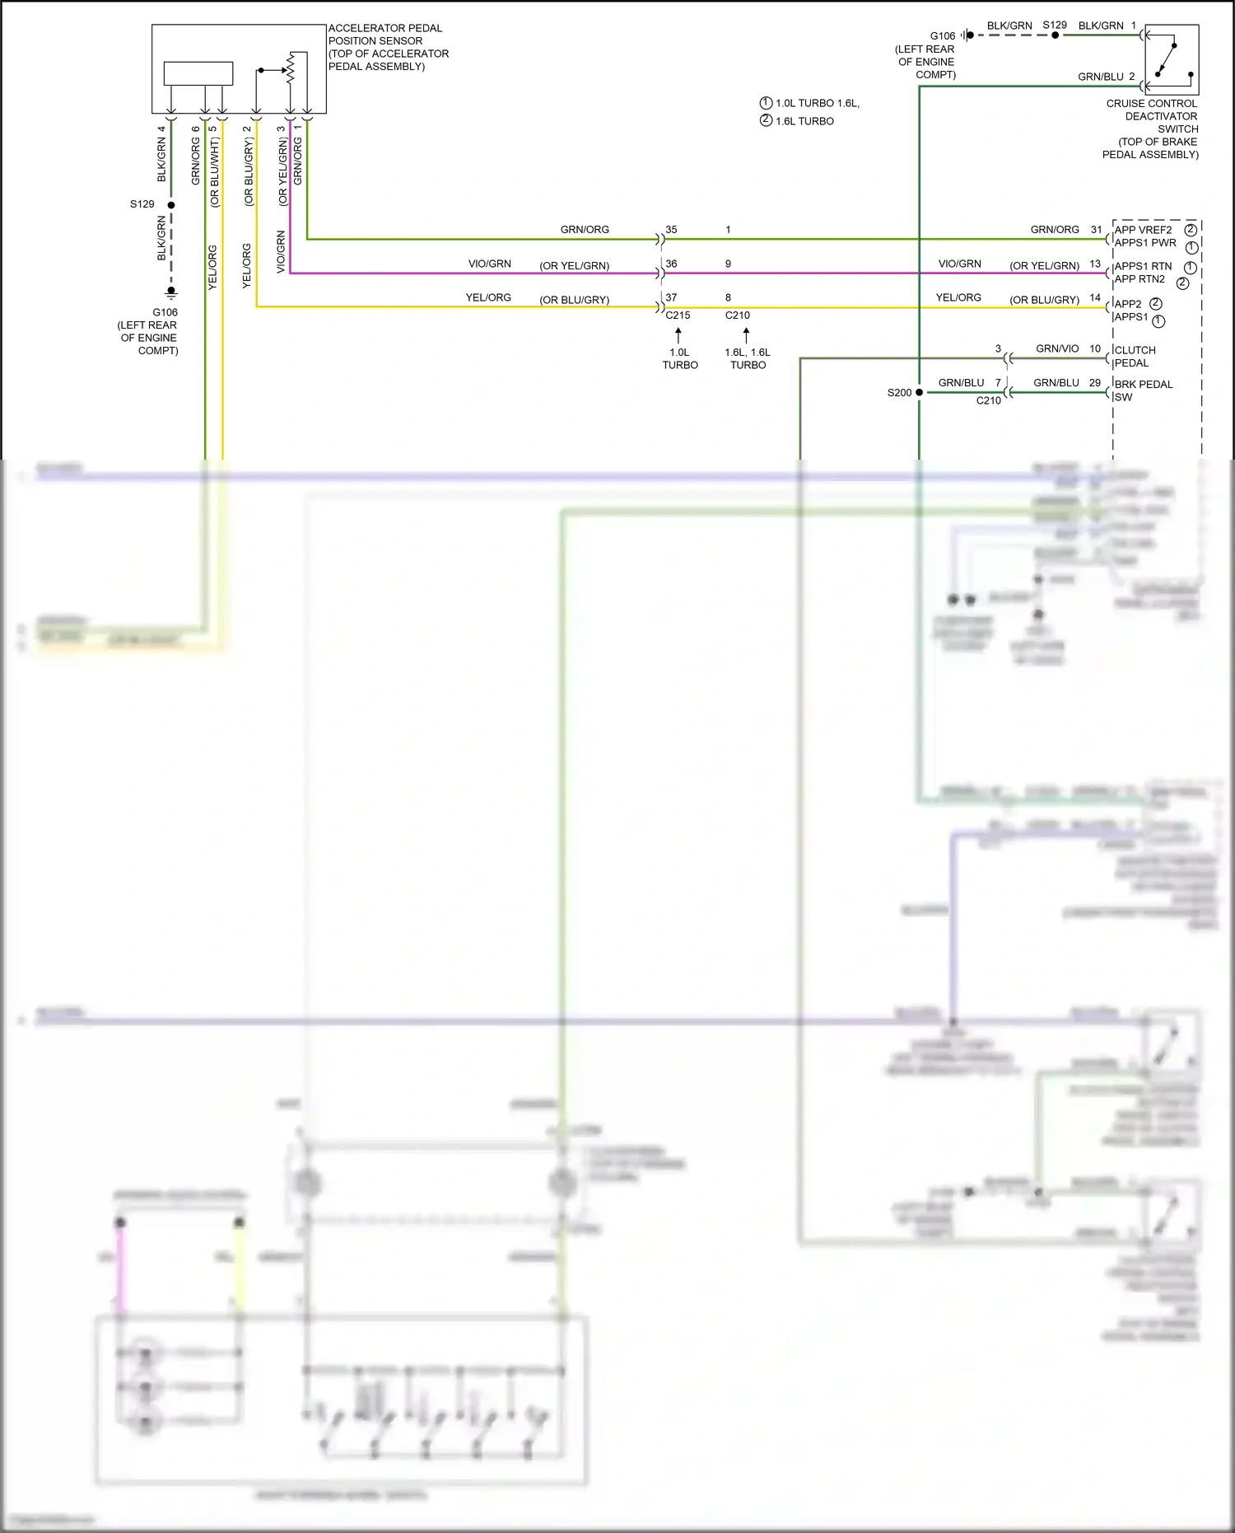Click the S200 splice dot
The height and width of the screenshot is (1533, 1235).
(x=919, y=393)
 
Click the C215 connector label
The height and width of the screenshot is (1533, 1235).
(x=678, y=315)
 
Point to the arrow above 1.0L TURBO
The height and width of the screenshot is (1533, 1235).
(x=678, y=335)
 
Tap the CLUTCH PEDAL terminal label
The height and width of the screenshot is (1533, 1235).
(x=1135, y=357)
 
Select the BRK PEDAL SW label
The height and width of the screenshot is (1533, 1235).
(x=1143, y=390)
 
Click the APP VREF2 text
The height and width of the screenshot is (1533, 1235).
(x=1143, y=230)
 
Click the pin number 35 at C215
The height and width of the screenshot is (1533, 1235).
(x=671, y=230)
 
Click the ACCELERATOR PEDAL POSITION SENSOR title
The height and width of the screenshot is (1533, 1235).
(x=388, y=47)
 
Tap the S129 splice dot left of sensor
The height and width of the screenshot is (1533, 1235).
(x=171, y=204)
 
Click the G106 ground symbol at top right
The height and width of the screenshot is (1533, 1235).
(x=968, y=35)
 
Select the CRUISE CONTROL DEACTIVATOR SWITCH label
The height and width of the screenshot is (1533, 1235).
(x=1152, y=129)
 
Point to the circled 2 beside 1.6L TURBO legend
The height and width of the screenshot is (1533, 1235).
(x=766, y=120)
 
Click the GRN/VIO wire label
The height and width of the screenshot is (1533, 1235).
(x=1057, y=349)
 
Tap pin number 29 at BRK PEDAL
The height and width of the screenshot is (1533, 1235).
(x=1094, y=383)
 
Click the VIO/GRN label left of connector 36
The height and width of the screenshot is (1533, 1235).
(x=489, y=264)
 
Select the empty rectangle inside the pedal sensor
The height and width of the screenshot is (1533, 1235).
(x=198, y=73)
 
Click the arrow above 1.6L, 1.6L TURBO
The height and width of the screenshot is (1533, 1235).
(x=746, y=335)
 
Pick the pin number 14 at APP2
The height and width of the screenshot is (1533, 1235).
(x=1094, y=298)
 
